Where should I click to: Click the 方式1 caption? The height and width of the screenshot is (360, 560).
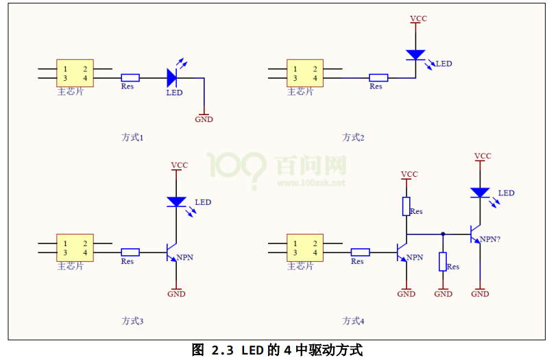(x=132, y=137)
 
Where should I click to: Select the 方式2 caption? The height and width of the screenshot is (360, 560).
(x=353, y=137)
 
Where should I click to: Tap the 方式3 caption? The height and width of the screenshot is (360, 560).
(x=132, y=320)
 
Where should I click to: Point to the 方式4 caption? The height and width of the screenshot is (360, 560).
(x=354, y=320)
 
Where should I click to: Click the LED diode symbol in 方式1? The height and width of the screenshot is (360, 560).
(x=172, y=77)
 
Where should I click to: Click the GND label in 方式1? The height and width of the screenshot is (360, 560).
(x=204, y=119)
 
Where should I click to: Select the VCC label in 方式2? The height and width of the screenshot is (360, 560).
(x=417, y=19)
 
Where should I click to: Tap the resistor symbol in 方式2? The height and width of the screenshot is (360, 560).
(x=378, y=77)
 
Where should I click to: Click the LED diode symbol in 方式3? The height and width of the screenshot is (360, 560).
(x=177, y=202)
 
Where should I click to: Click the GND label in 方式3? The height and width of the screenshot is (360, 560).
(x=177, y=294)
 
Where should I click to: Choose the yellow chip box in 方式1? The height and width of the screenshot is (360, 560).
(x=75, y=73)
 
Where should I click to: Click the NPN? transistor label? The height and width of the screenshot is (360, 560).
(x=489, y=239)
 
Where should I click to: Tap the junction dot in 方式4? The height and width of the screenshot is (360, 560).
(x=443, y=234)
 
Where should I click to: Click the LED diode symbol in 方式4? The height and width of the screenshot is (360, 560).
(x=480, y=193)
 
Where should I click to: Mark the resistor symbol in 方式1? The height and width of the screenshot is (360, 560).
(x=130, y=77)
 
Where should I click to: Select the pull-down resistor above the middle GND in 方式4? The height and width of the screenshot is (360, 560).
(x=443, y=261)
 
